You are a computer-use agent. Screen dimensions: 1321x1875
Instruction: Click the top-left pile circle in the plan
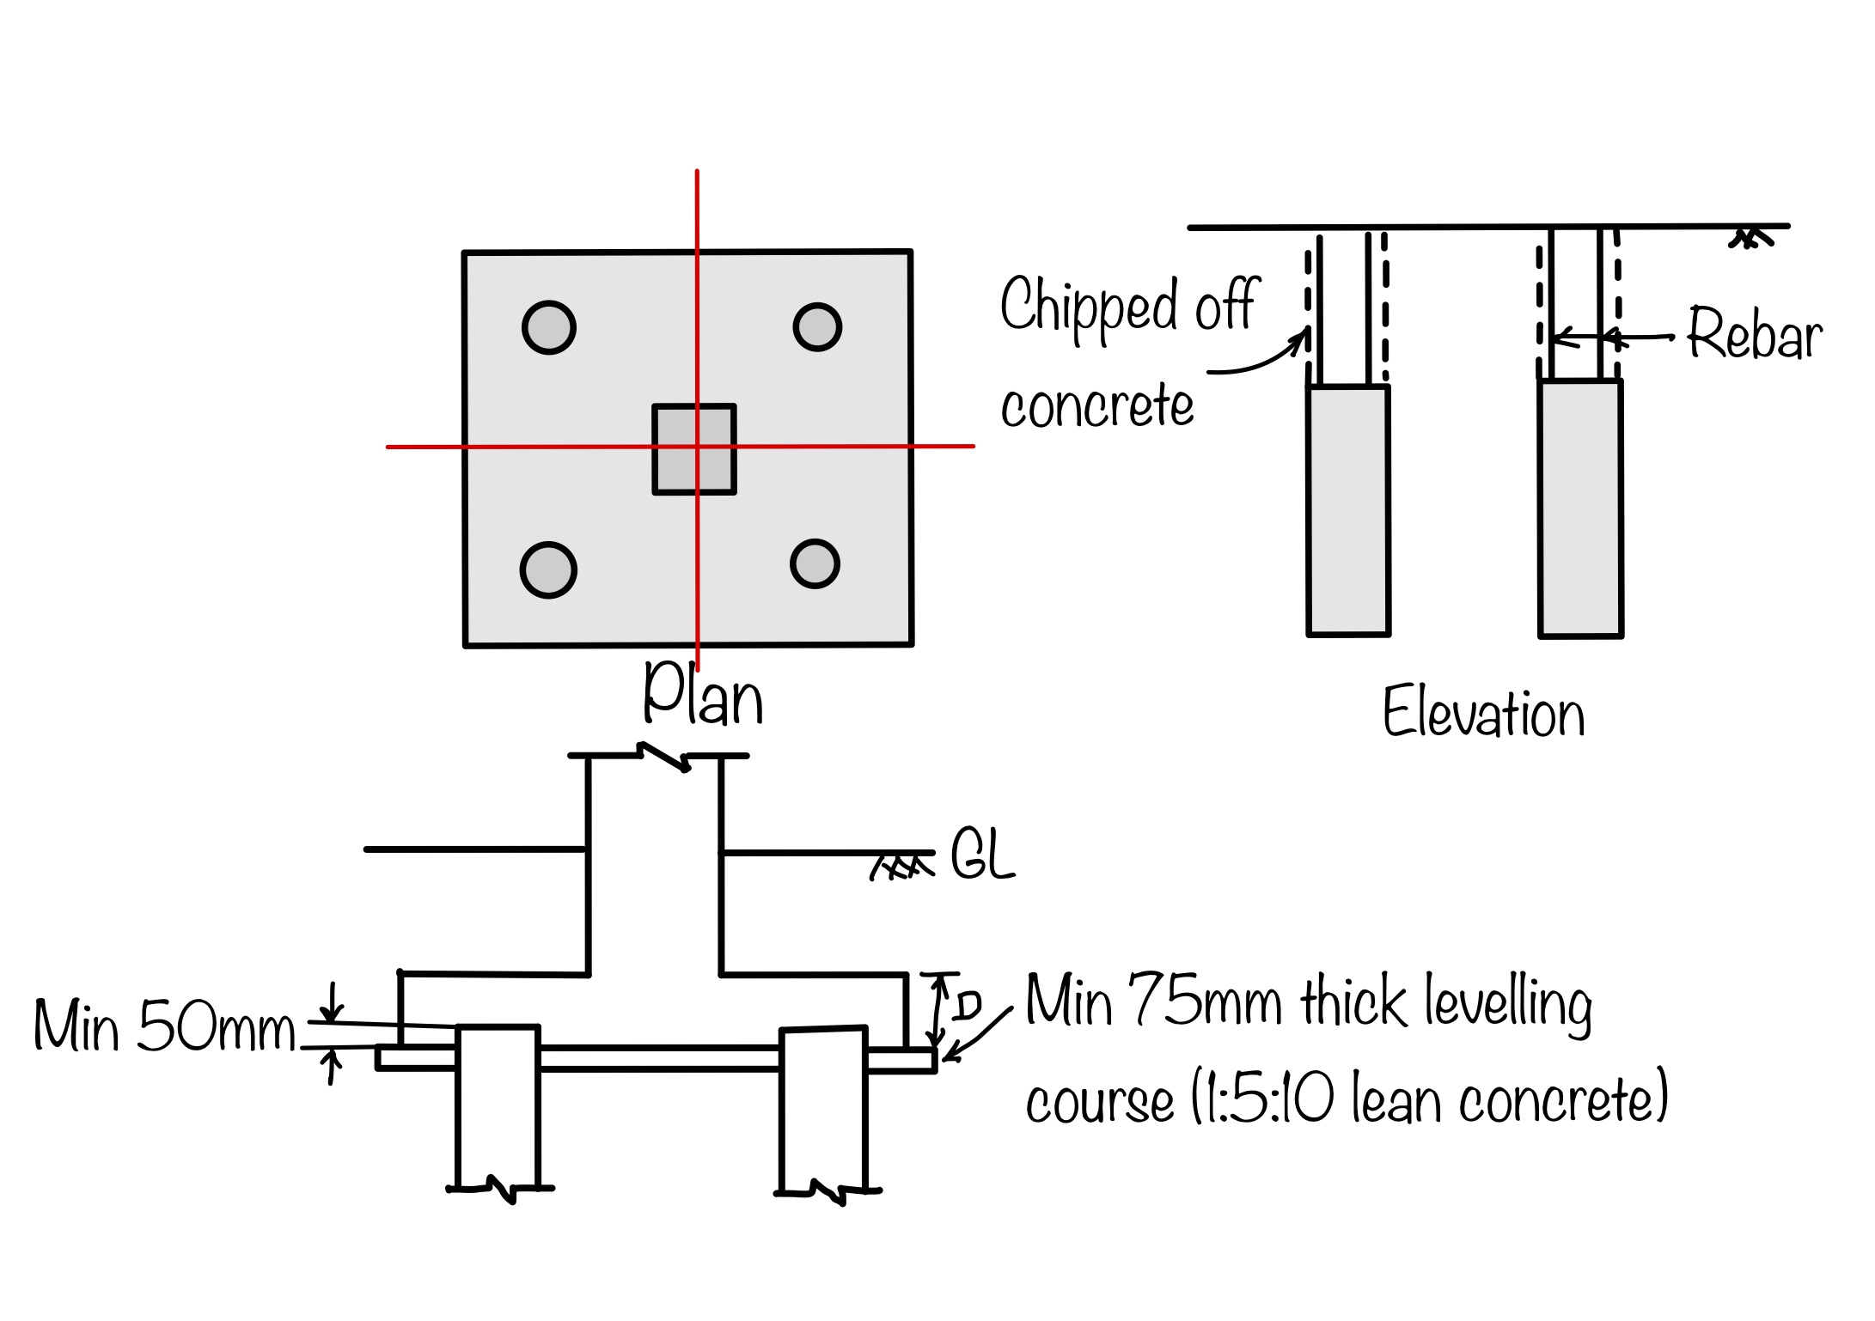click(548, 327)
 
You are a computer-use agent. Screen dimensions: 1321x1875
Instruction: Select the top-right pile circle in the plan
click(816, 326)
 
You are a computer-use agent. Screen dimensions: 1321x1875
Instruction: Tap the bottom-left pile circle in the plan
click(547, 569)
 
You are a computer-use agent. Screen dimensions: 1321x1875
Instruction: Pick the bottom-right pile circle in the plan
click(814, 563)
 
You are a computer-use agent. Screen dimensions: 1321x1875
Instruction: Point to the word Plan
click(703, 695)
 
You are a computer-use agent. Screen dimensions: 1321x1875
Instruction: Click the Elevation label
click(1483, 713)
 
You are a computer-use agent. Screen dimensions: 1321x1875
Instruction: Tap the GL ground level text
click(982, 855)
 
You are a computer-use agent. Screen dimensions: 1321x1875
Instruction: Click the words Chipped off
click(1128, 305)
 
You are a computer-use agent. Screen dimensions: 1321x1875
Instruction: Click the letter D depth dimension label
click(967, 1005)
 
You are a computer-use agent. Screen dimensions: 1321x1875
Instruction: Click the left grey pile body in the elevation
click(1347, 511)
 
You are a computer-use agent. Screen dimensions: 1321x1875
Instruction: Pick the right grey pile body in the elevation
click(1579, 508)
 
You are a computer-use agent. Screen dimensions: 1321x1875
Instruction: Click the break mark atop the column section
click(664, 757)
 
